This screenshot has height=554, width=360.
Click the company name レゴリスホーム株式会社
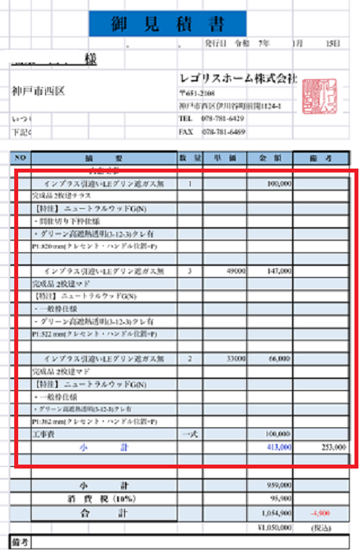pos(237,78)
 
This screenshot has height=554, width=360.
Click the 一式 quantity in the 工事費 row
pos(189,434)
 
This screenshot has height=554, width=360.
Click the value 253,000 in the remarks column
pos(332,447)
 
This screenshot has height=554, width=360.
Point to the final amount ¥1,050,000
pos(271,526)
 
